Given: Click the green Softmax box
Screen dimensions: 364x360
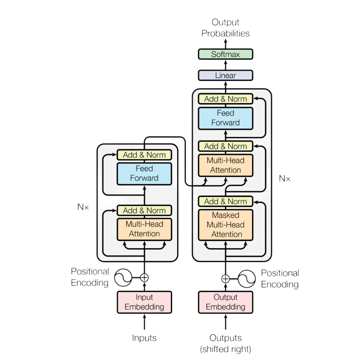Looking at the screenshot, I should click(225, 54).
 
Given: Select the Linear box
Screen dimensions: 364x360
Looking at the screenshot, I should click(225, 75).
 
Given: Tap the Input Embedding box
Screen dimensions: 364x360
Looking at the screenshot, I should click(144, 302).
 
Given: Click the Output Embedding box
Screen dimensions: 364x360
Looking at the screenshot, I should click(225, 302).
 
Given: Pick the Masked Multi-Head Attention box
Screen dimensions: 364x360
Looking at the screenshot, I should click(225, 225).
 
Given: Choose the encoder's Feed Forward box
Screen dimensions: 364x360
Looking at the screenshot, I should click(144, 173).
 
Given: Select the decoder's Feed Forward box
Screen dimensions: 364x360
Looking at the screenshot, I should click(225, 118).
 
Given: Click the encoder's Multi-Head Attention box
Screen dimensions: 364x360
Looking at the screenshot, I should click(144, 229).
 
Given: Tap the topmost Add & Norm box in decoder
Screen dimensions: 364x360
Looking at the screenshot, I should click(225, 99).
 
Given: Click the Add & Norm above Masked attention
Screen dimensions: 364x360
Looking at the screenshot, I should click(225, 202).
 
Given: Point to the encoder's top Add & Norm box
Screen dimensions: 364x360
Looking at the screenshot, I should click(144, 155).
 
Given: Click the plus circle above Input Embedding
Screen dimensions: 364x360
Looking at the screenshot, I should click(144, 278).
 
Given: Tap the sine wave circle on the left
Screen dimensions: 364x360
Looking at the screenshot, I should click(123, 278).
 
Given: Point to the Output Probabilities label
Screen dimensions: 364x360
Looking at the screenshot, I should click(225, 28).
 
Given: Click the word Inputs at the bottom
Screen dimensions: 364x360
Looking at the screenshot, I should click(144, 338).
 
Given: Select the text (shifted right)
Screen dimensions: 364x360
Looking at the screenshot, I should click(225, 350).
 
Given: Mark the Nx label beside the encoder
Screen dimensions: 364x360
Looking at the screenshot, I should click(83, 207).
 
